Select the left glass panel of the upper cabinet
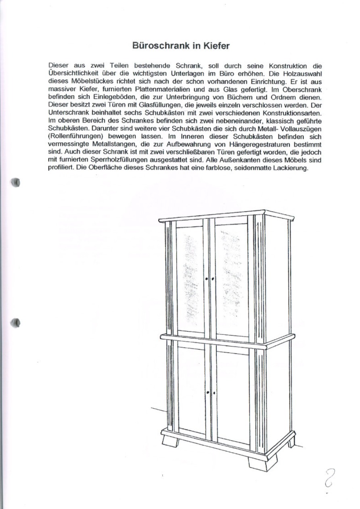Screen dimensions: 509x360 click(x=190, y=279)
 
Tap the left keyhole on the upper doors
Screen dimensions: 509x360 click(x=206, y=279)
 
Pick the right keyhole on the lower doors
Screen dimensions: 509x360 click(x=213, y=392)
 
